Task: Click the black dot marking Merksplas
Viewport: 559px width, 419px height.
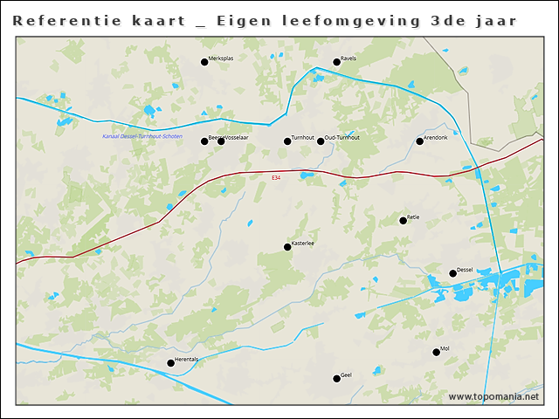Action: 204,62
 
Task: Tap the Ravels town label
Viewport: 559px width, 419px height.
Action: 349,58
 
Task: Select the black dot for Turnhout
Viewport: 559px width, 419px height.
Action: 287,141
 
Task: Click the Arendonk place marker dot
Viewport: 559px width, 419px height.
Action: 419,141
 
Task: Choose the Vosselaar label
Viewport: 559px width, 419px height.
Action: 239,138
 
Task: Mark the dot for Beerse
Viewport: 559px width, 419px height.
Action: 204,141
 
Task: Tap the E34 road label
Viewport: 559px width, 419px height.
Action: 276,178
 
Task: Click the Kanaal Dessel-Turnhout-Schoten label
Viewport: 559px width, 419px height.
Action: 142,136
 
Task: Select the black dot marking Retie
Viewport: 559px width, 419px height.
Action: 403,220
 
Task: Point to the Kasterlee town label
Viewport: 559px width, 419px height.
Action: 303,244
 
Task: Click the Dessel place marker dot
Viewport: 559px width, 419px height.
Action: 452,273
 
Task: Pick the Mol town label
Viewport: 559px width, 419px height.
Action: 445,348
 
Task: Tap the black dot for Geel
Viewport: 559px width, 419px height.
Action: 336,378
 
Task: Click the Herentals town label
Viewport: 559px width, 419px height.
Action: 187,360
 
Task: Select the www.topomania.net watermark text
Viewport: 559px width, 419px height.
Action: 493,397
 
